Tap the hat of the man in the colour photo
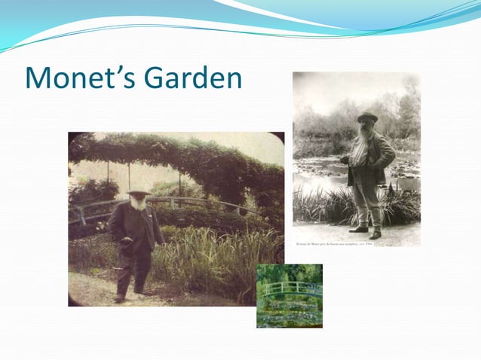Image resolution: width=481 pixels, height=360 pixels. click(x=138, y=194)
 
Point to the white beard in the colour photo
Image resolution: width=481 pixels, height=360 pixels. click(x=139, y=203)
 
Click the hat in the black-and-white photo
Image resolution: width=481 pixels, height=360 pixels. click(x=367, y=117)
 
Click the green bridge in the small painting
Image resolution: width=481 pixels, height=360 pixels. click(x=290, y=287)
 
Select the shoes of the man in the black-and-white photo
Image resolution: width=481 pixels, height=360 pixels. click(x=366, y=232)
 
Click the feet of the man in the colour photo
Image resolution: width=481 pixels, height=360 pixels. click(x=128, y=295)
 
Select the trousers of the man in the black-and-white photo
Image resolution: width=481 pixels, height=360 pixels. click(x=367, y=200)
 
